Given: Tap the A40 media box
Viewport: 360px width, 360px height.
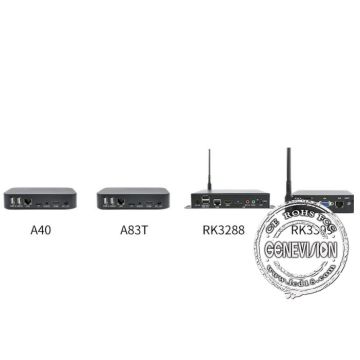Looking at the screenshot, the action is tap(39, 199).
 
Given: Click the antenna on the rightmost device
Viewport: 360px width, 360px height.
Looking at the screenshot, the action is tap(286, 171).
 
